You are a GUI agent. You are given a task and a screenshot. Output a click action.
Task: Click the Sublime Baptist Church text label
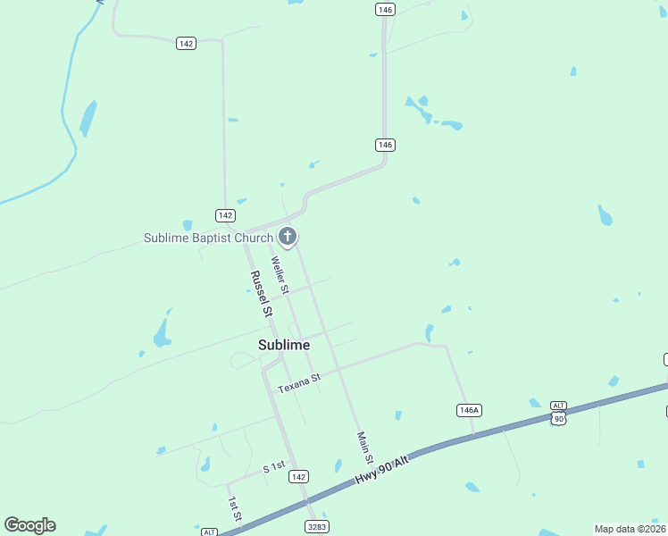point(208,238)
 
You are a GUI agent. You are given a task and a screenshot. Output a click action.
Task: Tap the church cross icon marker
point(288,237)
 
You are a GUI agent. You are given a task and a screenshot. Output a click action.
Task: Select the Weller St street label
point(280,275)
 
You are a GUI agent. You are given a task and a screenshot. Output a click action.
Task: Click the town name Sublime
point(284,345)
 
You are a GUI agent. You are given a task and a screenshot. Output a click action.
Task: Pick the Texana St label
point(298,384)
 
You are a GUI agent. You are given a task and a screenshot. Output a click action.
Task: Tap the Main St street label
point(363,447)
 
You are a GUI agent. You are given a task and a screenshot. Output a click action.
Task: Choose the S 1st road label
point(273,467)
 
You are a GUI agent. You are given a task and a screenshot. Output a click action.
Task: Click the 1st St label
point(234,510)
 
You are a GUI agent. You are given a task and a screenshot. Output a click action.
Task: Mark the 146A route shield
point(469,410)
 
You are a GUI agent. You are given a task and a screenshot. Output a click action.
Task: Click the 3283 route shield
point(316,528)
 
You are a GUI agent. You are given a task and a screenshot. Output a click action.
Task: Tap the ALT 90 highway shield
point(559,413)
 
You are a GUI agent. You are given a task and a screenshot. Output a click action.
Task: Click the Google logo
point(29,525)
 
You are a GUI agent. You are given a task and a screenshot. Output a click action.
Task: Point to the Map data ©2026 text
point(630,529)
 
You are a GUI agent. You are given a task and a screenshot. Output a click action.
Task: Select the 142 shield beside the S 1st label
point(299,477)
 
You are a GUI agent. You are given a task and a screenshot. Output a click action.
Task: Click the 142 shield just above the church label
point(225,215)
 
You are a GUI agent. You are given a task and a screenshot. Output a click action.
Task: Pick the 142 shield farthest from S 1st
point(186,44)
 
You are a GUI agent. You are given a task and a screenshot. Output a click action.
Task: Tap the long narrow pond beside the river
point(88,118)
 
